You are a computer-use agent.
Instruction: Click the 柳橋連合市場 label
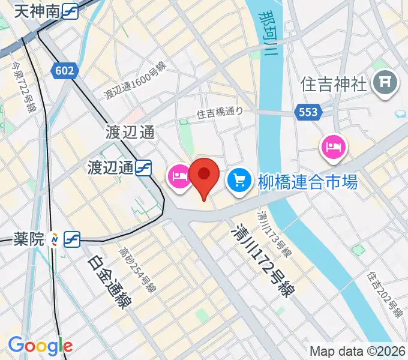[308, 181]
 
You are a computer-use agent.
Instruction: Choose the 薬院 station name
[29, 239]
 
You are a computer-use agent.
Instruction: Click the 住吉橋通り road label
[220, 112]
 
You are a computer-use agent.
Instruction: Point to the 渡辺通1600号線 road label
[135, 81]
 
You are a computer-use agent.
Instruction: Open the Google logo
[40, 346]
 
